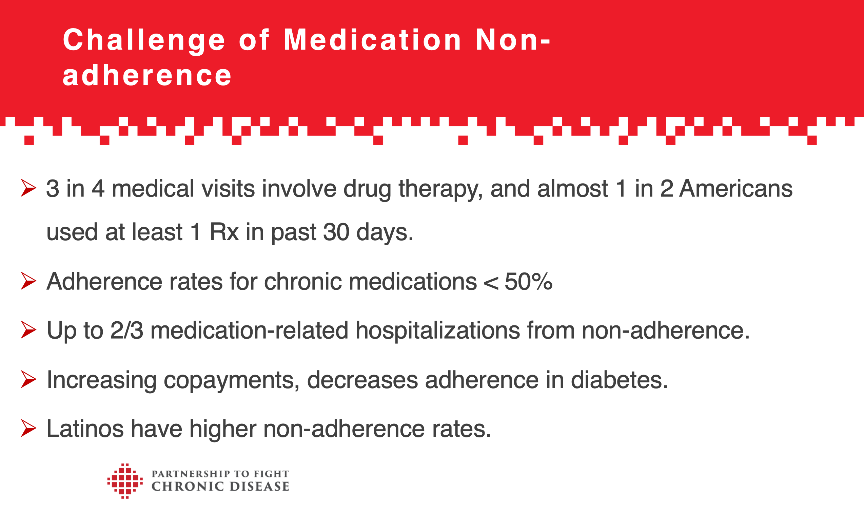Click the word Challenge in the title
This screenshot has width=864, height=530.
point(144,40)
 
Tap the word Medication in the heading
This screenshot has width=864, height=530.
point(372,40)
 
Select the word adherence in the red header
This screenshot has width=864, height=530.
point(147,76)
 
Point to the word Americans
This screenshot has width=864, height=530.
point(736,189)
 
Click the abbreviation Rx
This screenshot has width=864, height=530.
point(224,232)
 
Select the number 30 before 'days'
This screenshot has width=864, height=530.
point(336,232)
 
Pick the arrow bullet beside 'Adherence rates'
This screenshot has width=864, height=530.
point(28,281)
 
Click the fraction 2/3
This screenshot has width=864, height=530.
point(126,330)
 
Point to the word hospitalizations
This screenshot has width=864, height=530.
point(438,330)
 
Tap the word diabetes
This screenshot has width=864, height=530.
point(619,380)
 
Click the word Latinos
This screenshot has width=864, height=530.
point(85,429)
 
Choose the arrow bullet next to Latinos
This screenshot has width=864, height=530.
point(28,428)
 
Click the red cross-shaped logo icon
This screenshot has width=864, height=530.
point(125,481)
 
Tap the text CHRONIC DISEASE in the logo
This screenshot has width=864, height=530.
point(220,487)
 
